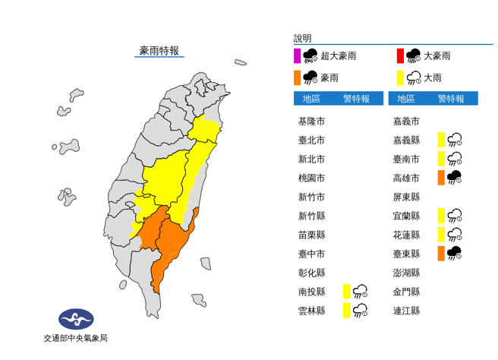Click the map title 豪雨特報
coord(159,51)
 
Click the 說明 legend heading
coord(302,38)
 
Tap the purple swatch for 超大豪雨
coord(298,55)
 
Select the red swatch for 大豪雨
coord(399,55)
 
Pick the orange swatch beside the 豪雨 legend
coord(298,77)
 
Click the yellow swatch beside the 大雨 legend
coord(399,77)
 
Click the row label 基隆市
coord(311,121)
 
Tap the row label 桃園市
coord(311,178)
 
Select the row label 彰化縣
coord(311,273)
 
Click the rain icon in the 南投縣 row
coord(361,291)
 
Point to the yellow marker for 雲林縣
coord(346,310)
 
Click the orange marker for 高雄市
coord(441,178)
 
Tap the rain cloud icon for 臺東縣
coord(455,254)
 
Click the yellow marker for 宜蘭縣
coord(441,216)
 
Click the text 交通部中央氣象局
coord(76,338)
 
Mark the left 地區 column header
coord(311,99)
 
